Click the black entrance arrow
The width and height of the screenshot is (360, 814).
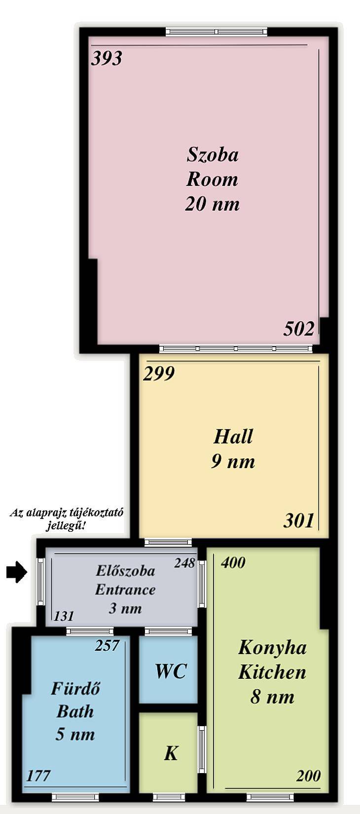(17, 573)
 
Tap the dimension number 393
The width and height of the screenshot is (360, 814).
(107, 58)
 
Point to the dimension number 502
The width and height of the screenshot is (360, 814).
(299, 329)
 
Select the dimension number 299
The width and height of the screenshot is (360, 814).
(159, 373)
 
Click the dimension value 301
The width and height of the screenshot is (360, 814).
(298, 520)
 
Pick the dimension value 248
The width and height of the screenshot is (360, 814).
(184, 563)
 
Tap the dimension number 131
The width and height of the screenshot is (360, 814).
(64, 616)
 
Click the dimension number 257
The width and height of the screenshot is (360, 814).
(107, 645)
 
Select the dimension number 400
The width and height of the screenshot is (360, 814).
(233, 562)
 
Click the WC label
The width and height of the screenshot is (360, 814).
(171, 671)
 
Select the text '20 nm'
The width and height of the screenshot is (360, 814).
(213, 203)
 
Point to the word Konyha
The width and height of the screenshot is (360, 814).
(272, 648)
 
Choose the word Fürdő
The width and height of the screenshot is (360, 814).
(75, 688)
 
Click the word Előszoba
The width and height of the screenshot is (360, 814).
(125, 571)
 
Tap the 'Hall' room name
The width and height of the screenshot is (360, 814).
(233, 437)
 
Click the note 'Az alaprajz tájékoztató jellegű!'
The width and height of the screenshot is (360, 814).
(67, 519)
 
